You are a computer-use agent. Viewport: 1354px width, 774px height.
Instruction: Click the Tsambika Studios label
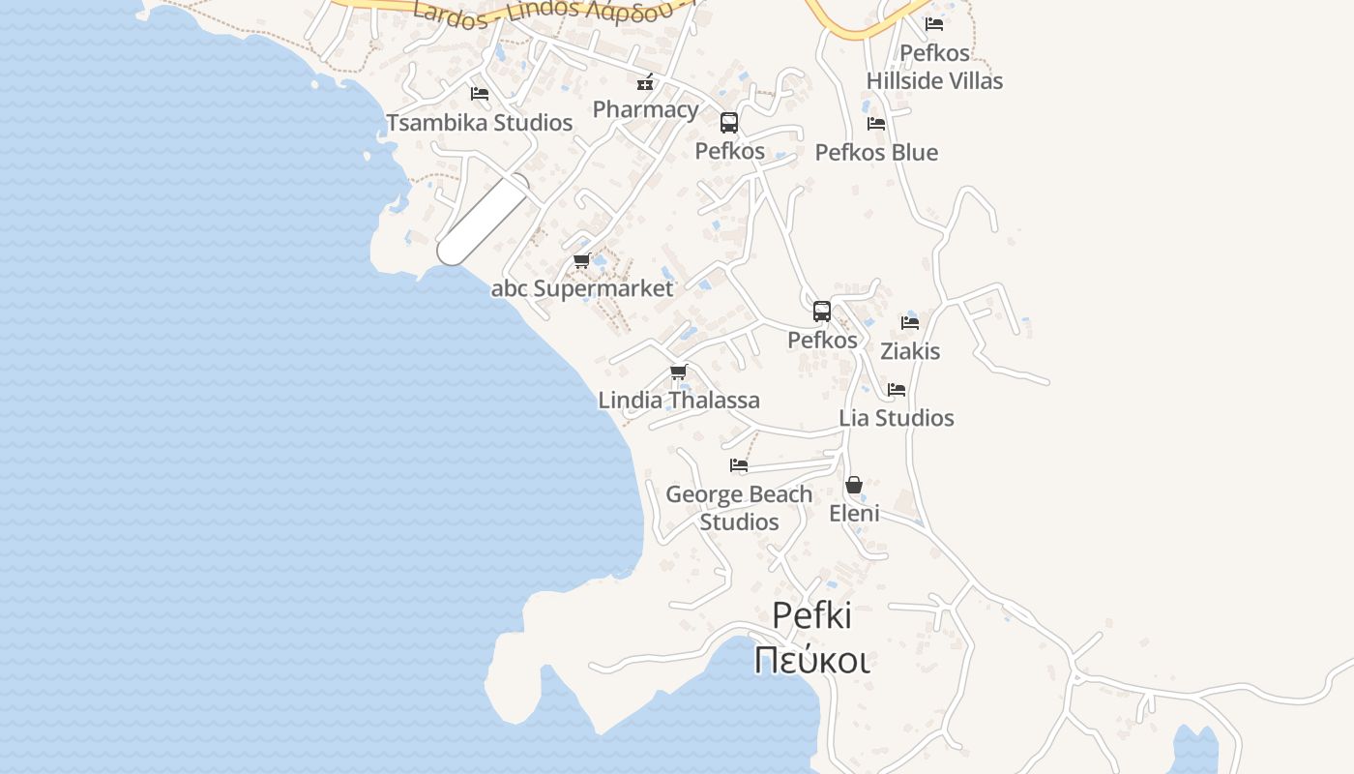click(480, 123)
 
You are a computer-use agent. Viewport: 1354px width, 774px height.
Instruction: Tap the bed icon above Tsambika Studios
click(479, 94)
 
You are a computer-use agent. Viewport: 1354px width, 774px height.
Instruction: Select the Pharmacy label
click(645, 109)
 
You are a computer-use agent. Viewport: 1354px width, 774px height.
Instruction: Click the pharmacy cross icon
click(645, 83)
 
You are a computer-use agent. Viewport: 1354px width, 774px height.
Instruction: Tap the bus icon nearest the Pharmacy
click(729, 123)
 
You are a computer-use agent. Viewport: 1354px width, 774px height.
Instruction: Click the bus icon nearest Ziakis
click(822, 312)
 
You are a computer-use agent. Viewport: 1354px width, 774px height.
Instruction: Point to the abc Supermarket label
click(582, 288)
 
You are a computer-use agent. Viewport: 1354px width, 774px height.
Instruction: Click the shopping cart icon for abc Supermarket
click(581, 261)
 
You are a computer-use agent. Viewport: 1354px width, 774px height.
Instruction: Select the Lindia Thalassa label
click(679, 401)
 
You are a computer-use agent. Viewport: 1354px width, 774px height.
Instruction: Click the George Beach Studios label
click(739, 508)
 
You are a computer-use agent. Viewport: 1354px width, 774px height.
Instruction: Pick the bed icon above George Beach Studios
click(739, 465)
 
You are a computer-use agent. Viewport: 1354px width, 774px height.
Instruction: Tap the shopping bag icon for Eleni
click(854, 485)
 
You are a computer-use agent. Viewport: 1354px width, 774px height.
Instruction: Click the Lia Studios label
click(897, 418)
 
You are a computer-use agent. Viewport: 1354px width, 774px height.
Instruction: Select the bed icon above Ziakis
click(910, 323)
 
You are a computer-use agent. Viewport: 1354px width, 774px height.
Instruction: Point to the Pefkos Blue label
click(876, 153)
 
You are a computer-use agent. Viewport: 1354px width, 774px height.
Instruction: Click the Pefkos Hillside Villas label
click(934, 67)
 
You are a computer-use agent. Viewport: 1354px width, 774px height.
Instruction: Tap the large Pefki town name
click(812, 616)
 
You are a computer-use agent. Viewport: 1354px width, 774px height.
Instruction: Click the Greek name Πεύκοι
click(812, 660)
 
